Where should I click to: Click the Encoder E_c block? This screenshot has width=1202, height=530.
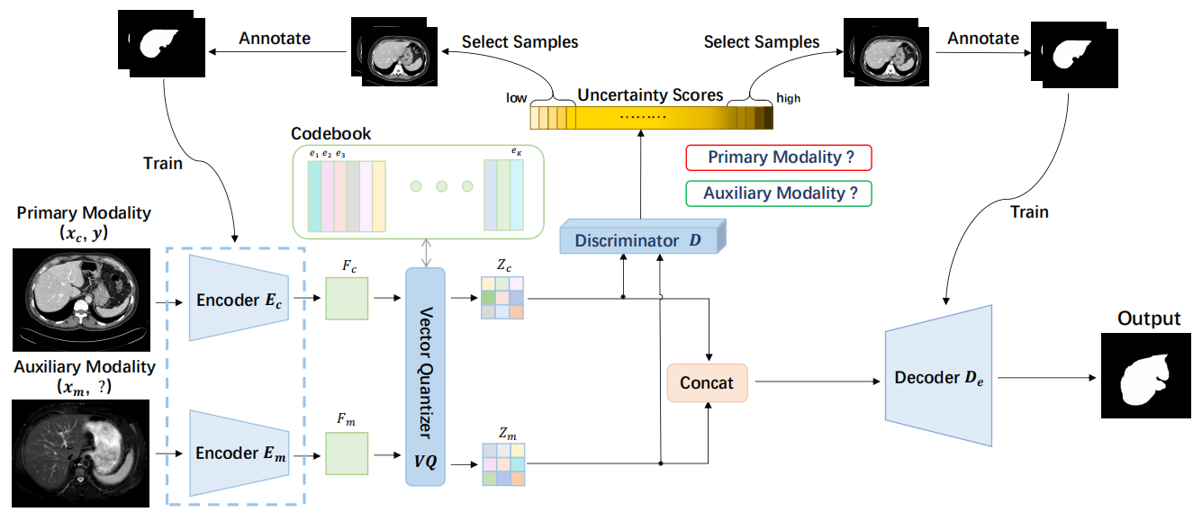tap(239, 300)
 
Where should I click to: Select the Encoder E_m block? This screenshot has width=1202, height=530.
tap(239, 453)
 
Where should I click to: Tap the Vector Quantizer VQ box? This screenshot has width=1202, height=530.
tap(426, 376)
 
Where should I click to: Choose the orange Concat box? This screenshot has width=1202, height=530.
tap(707, 383)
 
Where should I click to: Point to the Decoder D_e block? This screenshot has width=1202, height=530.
tap(938, 377)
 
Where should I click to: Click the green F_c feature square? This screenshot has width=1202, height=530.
tap(347, 299)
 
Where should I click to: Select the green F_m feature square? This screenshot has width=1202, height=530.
tap(347, 452)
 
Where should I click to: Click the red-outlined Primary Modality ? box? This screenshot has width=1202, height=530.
tap(779, 157)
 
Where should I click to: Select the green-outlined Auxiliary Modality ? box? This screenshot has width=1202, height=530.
tap(779, 193)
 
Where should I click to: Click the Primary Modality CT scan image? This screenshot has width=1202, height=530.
tap(83, 300)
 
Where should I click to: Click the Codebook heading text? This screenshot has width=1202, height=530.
tap(330, 133)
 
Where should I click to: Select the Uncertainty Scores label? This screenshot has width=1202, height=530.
tap(650, 95)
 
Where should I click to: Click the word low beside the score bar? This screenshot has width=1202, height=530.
tap(517, 98)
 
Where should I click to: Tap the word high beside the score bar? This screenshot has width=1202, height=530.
tap(789, 98)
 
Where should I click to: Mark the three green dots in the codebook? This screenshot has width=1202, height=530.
tap(441, 186)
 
